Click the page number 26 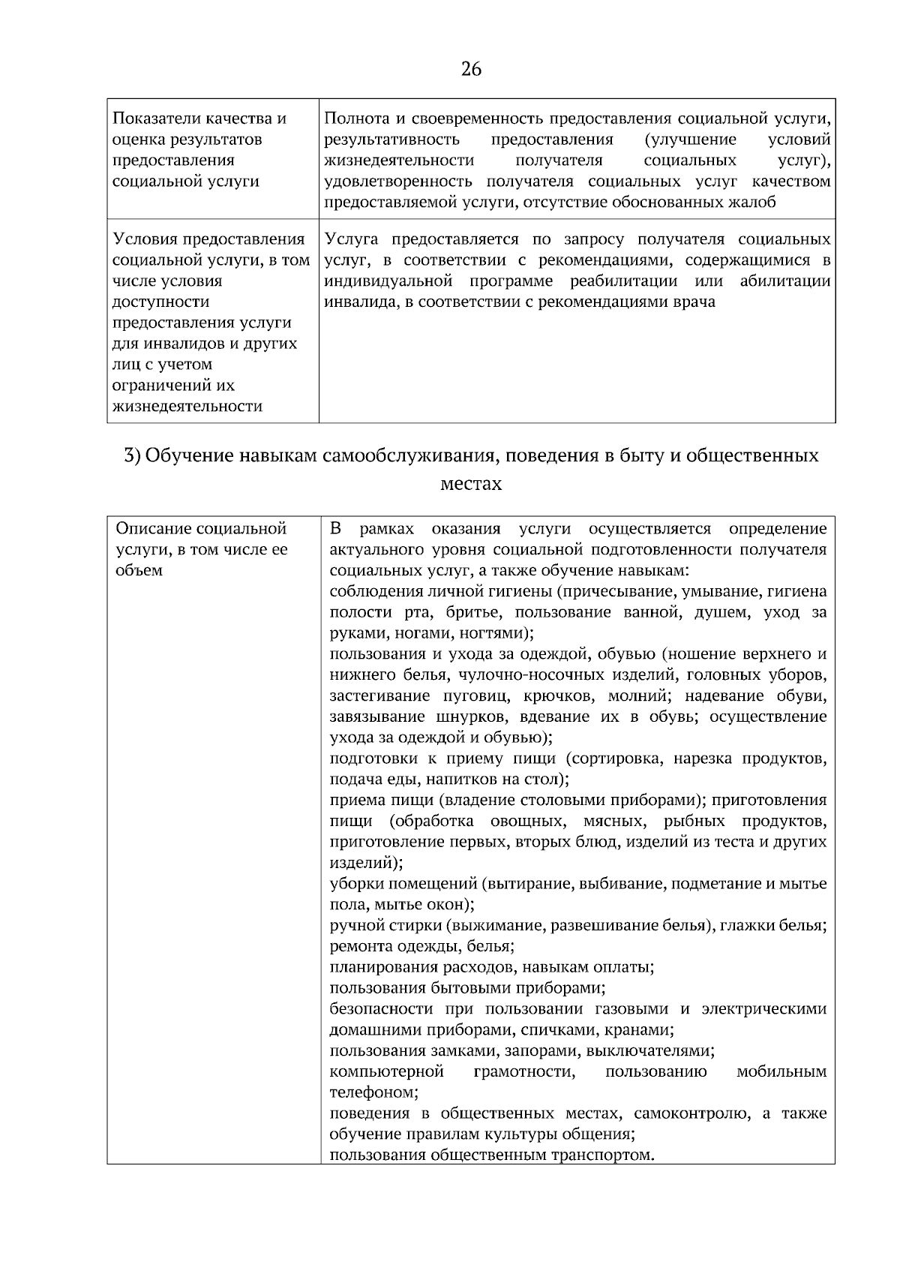471,70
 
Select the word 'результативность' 391,140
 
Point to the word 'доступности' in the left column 160,302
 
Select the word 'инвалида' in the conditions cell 357,302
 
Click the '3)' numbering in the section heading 132,455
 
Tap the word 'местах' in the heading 471,484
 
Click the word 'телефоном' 373,1092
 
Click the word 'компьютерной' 386,1071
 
